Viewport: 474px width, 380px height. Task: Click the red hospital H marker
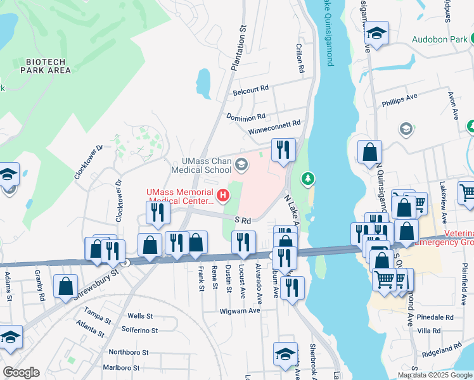(x=222, y=196)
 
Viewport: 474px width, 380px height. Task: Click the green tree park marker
(x=309, y=179)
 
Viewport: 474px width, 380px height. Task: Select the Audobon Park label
(x=439, y=39)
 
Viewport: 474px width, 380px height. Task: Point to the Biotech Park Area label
(x=48, y=66)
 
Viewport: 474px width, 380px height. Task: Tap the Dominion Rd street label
(x=246, y=117)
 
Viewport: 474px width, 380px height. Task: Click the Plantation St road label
(x=238, y=47)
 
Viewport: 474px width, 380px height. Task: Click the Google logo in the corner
(x=21, y=372)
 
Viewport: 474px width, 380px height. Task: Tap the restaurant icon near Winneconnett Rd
(x=283, y=149)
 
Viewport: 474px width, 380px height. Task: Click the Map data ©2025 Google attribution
(x=435, y=375)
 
